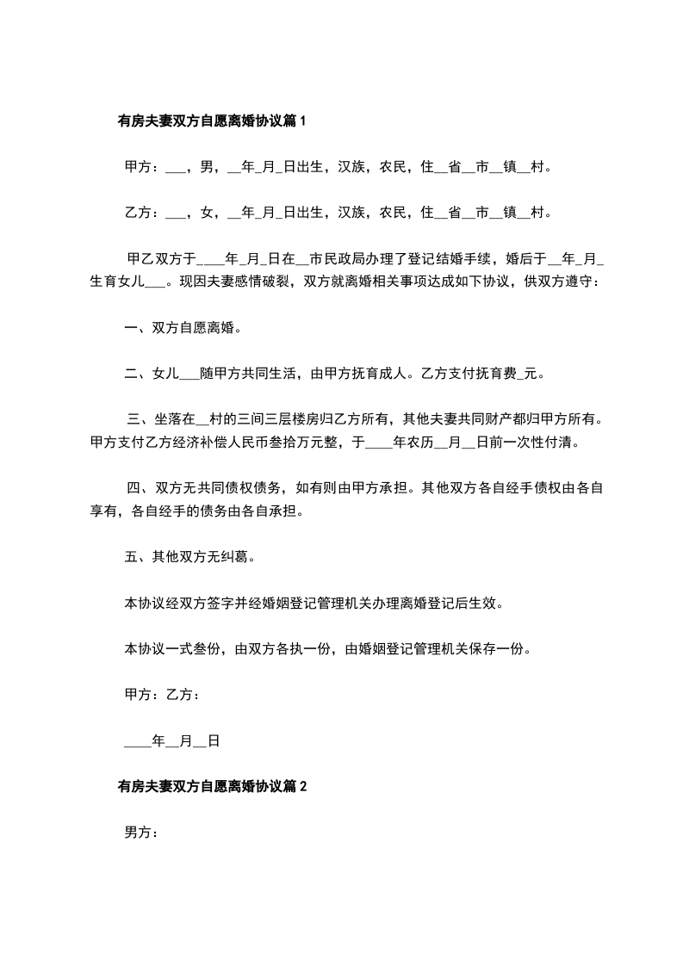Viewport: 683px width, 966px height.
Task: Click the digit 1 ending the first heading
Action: click(x=302, y=121)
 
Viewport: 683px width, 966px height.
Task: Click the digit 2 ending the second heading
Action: click(x=302, y=785)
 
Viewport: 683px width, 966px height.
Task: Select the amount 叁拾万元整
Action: click(x=299, y=443)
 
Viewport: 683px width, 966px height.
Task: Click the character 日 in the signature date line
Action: click(x=213, y=740)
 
